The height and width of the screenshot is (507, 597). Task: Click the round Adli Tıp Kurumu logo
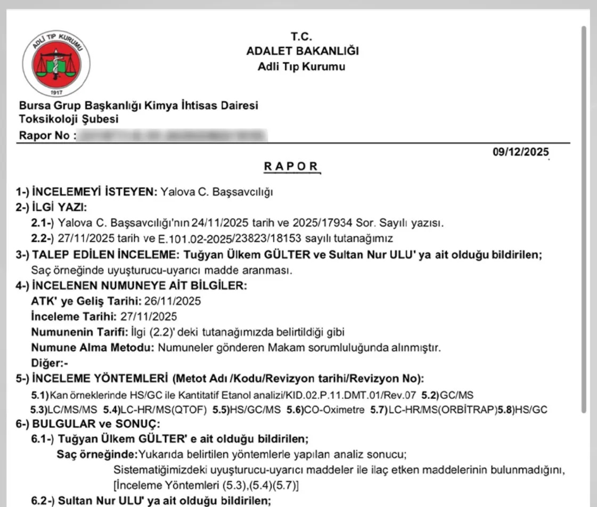click(x=55, y=63)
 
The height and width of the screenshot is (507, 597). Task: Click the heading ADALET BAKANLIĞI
click(x=302, y=52)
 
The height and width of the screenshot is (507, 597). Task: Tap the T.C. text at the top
click(x=301, y=37)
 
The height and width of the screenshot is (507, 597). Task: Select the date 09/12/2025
click(x=521, y=152)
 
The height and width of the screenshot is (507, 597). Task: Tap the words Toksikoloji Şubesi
click(x=69, y=119)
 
